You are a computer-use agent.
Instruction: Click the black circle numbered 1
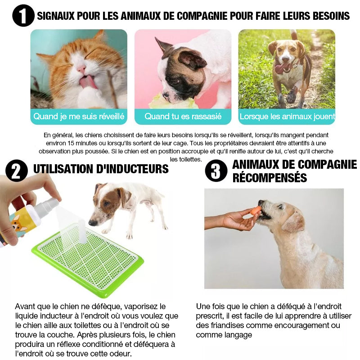point(23,16)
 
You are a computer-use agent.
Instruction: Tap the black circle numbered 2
point(17,171)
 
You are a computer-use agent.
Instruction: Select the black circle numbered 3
point(216,171)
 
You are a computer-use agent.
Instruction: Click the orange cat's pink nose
point(81,68)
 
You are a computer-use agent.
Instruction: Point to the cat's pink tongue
point(88,82)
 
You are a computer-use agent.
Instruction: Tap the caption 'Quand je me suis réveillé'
point(79,117)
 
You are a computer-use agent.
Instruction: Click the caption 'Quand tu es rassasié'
point(183,117)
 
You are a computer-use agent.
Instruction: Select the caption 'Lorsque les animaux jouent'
point(287,117)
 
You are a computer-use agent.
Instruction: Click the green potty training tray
point(88,260)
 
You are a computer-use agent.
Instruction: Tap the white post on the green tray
point(82,231)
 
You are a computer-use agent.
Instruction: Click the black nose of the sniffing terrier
point(93,222)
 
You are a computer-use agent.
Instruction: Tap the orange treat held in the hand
point(255,211)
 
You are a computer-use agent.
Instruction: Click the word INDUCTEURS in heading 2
point(132,169)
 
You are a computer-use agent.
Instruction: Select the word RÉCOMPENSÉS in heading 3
point(270,177)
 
